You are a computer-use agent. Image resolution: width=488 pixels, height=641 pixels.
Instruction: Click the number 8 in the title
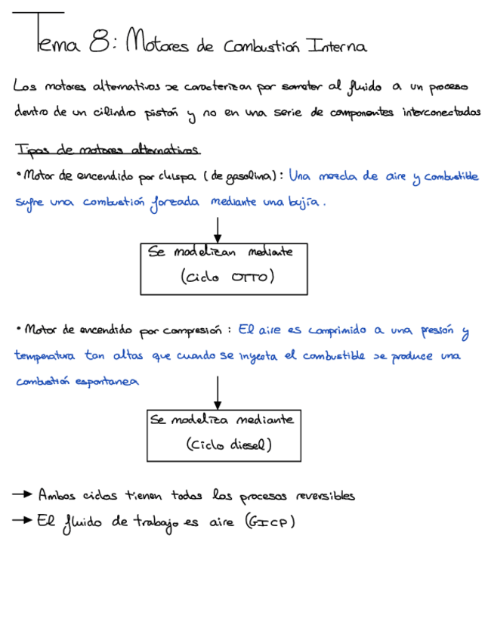tap(97, 44)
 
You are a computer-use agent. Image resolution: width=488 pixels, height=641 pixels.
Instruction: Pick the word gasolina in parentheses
tap(251, 176)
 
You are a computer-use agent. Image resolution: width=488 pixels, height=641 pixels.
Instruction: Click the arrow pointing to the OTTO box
tap(218, 229)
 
